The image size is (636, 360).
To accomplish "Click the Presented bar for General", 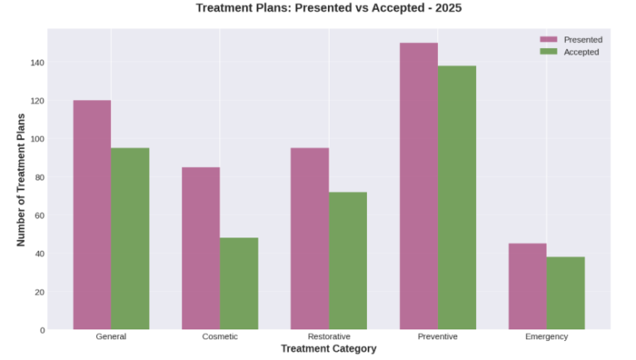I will [92, 215].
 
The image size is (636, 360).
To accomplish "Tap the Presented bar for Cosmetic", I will [201, 248].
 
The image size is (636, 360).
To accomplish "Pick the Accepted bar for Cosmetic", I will [238, 284].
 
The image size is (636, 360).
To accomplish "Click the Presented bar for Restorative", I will [310, 238].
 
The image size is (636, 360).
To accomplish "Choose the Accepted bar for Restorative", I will [348, 261].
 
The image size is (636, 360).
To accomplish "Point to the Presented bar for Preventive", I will [419, 186].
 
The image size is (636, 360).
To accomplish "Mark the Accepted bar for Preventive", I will [457, 198].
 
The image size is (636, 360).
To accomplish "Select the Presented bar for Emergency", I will [528, 286].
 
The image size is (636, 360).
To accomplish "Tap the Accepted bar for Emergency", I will [566, 293].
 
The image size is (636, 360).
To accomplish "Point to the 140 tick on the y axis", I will [38, 63].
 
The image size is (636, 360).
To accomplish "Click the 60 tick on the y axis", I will [38, 215].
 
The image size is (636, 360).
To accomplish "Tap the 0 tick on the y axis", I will [42, 330].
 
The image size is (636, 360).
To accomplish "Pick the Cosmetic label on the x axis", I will [220, 337].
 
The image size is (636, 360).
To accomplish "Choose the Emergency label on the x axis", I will [547, 337].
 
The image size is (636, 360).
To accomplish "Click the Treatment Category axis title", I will [329, 349].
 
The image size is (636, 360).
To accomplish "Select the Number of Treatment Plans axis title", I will [22, 180].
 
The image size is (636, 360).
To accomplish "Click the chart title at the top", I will [329, 8].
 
